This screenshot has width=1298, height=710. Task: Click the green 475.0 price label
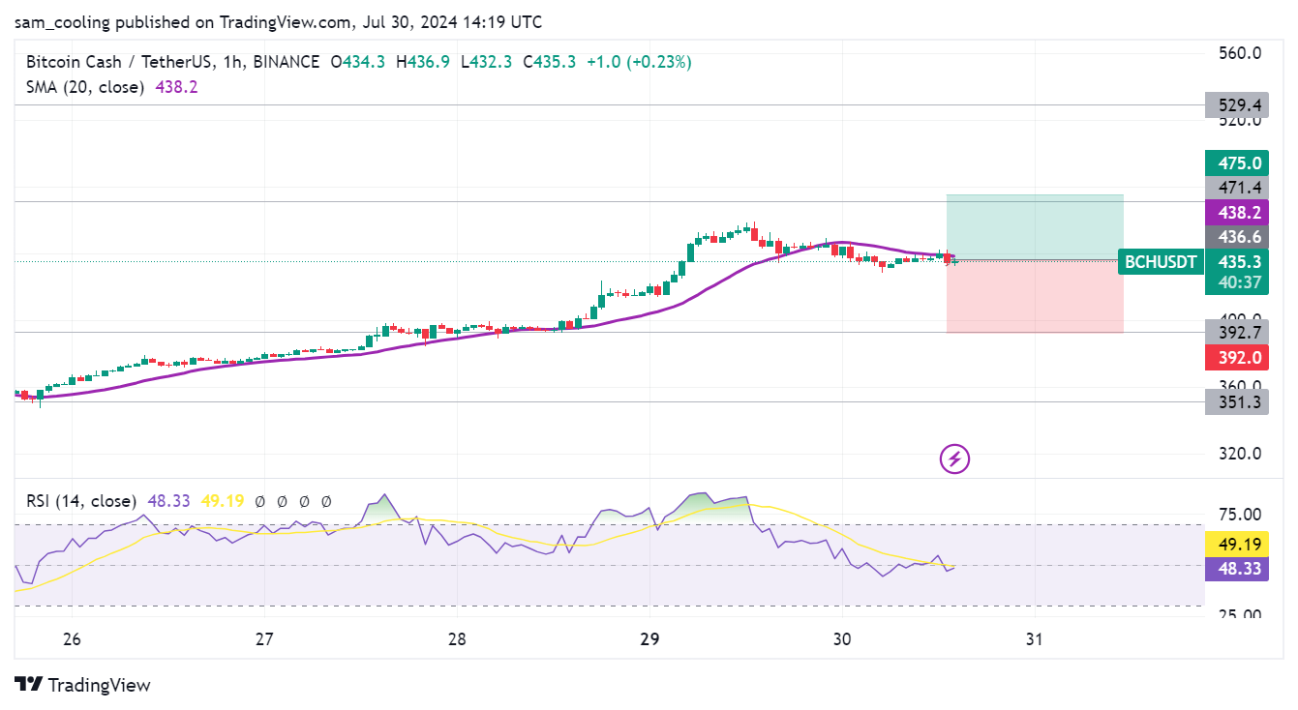pyautogui.click(x=1236, y=163)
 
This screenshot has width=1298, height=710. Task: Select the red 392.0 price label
pyautogui.click(x=1236, y=357)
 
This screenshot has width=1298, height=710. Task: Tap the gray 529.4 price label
pyautogui.click(x=1236, y=104)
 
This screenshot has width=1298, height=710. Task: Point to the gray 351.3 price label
pyautogui.click(x=1236, y=402)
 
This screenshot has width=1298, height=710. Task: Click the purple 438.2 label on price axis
pyautogui.click(x=1236, y=213)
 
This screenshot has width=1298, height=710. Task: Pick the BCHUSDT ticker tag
pyautogui.click(x=1160, y=261)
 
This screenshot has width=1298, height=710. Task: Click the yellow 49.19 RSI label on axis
pyautogui.click(x=1236, y=545)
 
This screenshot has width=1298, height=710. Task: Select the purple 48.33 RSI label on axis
pyautogui.click(x=1236, y=569)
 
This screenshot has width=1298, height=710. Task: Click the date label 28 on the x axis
pyautogui.click(x=457, y=639)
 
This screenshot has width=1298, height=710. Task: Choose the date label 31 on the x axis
pyautogui.click(x=1035, y=639)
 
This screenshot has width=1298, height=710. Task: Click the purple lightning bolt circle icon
pyautogui.click(x=955, y=459)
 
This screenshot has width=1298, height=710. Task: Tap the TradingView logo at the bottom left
pyautogui.click(x=83, y=685)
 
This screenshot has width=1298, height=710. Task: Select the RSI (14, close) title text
pyautogui.click(x=80, y=501)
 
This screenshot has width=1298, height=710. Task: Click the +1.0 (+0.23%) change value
pyautogui.click(x=639, y=62)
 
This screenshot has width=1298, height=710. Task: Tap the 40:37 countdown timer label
pyautogui.click(x=1236, y=282)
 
